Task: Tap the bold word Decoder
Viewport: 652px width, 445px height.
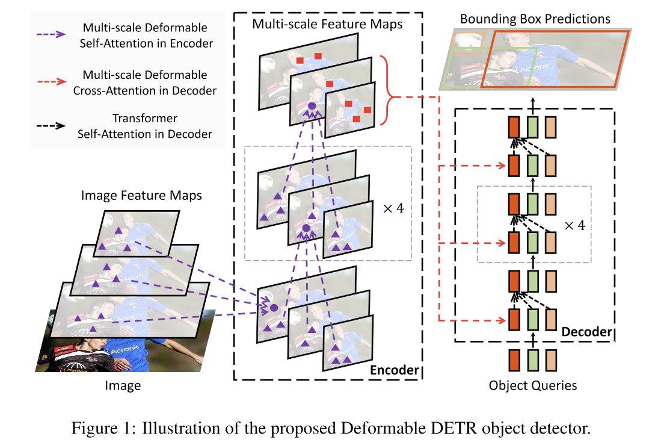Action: pos(586,332)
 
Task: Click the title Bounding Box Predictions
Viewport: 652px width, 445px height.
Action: pos(535,19)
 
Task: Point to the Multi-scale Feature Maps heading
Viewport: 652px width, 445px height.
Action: pos(327,25)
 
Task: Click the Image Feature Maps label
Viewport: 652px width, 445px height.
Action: pos(141,196)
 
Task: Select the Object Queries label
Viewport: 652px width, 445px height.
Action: pos(533,385)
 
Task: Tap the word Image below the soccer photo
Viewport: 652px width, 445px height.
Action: pos(123,385)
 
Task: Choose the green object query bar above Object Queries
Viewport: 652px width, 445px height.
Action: pos(532,360)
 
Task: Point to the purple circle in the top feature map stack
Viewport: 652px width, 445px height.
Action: pos(312,106)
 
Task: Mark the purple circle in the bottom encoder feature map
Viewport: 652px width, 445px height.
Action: pos(274,307)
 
